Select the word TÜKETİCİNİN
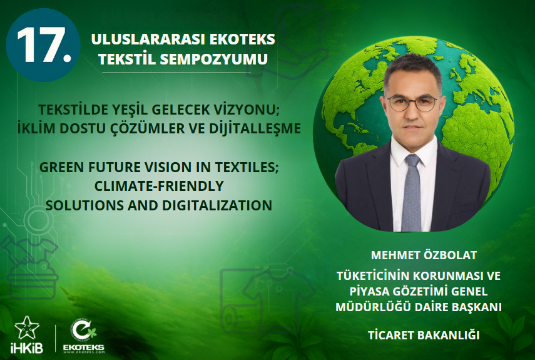(x=377, y=275)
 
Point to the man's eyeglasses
(x=412, y=103)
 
